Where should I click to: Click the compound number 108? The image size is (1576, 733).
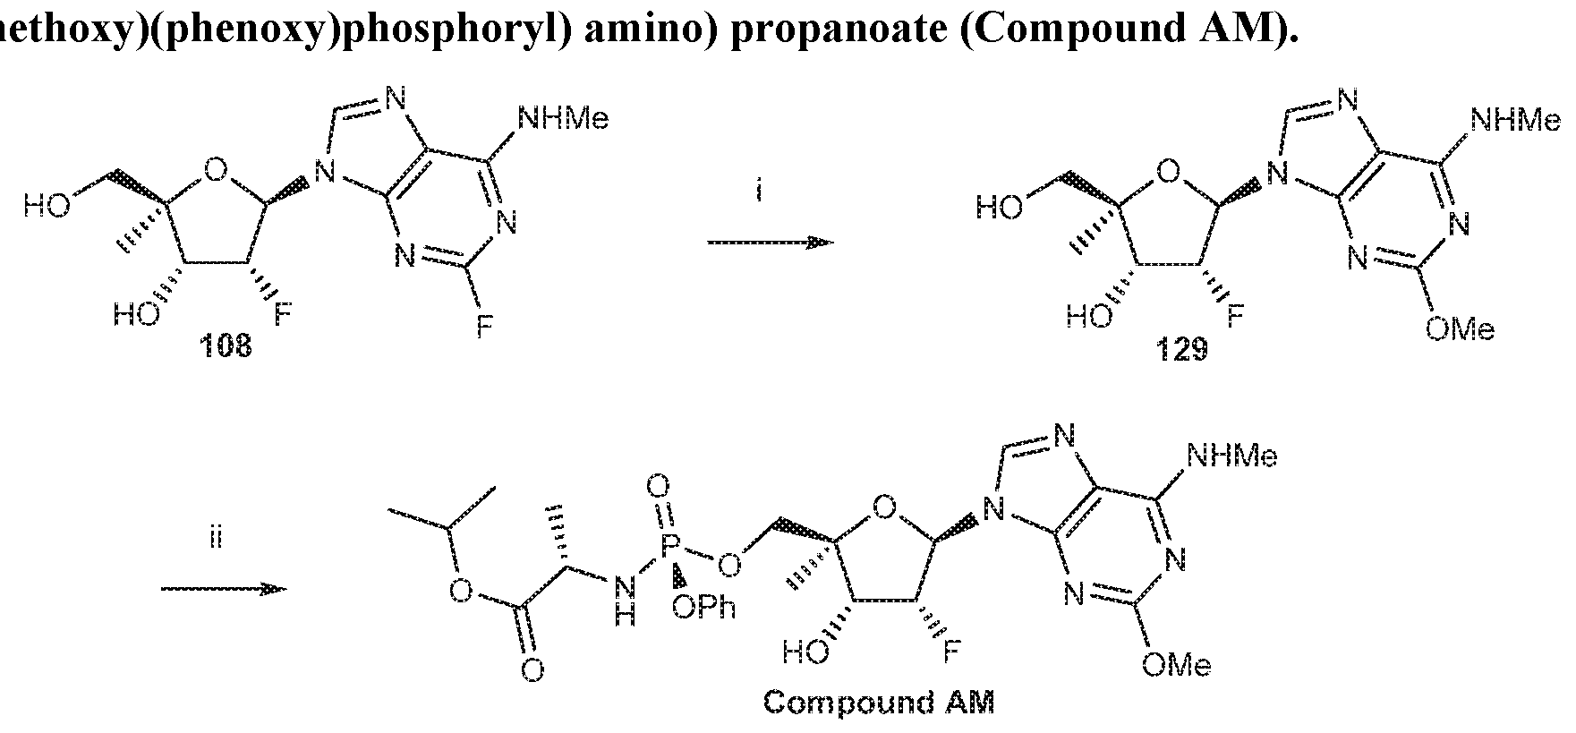click(x=226, y=346)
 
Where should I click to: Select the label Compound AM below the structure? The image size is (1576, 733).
click(x=878, y=703)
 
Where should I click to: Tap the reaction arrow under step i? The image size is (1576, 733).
click(x=770, y=243)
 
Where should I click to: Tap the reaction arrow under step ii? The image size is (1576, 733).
click(x=223, y=589)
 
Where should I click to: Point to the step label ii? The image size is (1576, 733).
click(x=214, y=540)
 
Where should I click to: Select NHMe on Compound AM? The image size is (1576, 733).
click(x=1231, y=456)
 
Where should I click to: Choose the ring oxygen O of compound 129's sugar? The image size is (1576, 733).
click(x=1166, y=170)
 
